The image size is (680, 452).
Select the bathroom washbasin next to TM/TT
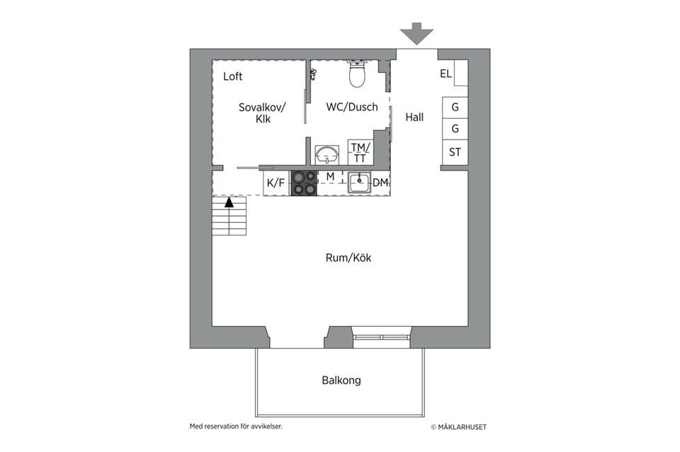pos(327,153)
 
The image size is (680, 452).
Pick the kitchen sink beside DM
pos(359,182)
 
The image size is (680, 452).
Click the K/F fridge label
pos(276,183)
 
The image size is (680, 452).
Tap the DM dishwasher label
pos(380,183)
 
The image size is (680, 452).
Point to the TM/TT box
pos(361,153)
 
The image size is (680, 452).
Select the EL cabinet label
pos(446,74)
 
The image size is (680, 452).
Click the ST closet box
pos(455,151)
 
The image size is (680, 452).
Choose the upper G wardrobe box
pos(455,108)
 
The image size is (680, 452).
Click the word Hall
pos(414,117)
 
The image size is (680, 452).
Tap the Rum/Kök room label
pos(348,258)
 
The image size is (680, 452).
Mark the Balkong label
pos(341,381)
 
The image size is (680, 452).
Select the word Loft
pos(232,76)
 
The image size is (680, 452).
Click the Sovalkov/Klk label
pos(262,113)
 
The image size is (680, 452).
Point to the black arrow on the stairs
pos(229,202)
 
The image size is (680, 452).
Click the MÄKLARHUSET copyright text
pos(458,427)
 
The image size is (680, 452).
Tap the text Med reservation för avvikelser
pos(240,427)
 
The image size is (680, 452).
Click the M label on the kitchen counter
pos(330,175)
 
